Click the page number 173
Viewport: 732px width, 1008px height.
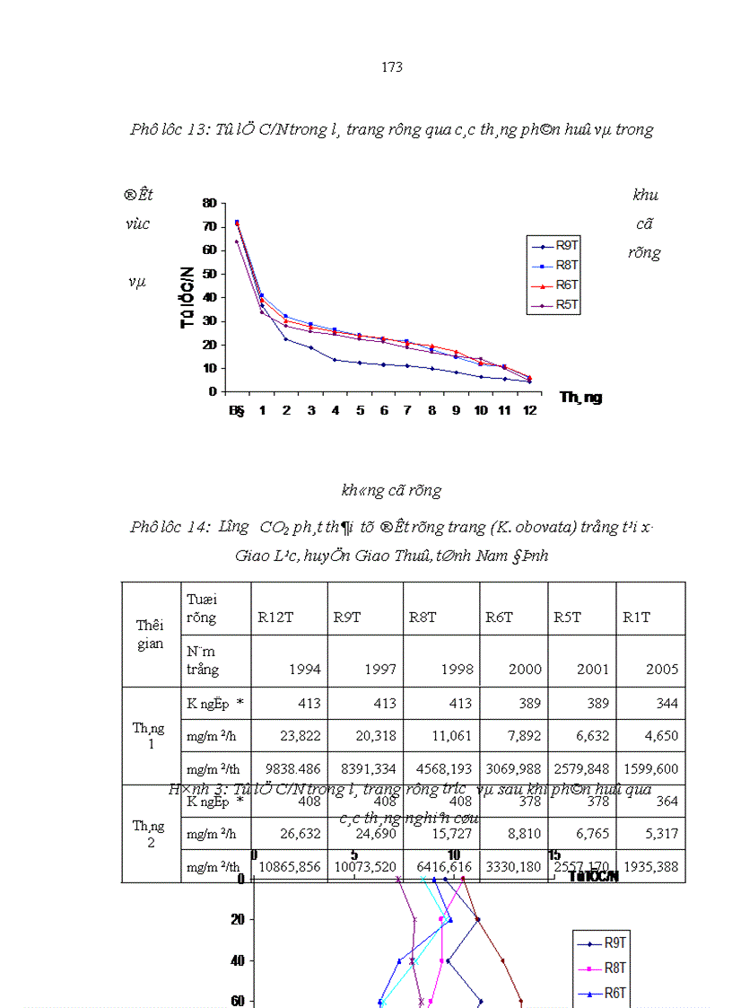tap(391, 67)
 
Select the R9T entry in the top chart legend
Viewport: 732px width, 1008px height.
tap(566, 246)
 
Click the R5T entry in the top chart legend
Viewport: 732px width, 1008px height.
tap(566, 304)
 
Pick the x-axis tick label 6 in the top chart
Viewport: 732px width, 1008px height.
tap(383, 409)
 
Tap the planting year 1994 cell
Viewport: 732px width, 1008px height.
tap(305, 670)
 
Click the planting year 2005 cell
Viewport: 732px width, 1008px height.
tap(662, 670)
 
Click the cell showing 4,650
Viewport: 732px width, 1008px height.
tap(660, 736)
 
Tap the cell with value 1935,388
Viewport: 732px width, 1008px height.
tap(649, 867)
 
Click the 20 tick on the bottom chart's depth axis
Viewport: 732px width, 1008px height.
tap(238, 919)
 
